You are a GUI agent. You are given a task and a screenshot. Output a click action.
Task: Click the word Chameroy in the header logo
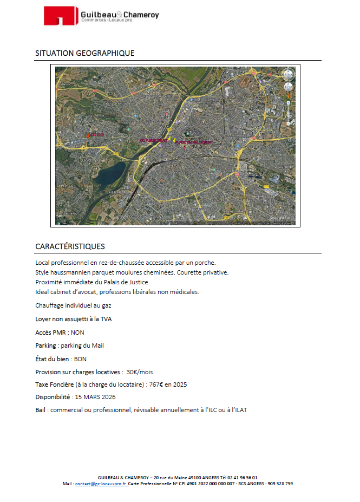tap(141, 15)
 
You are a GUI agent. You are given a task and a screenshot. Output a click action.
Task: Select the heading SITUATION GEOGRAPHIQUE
tap(84, 53)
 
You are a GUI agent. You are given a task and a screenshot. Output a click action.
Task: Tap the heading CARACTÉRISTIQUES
tap(70, 246)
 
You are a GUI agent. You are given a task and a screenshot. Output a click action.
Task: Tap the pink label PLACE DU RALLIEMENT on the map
tap(194, 142)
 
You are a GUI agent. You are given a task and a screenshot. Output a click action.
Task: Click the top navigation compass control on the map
tap(288, 75)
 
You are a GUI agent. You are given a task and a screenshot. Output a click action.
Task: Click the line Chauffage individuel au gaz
tap(73, 305)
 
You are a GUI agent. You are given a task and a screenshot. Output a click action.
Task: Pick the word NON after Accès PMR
tap(77, 333)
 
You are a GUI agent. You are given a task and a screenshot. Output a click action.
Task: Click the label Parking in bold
tap(45, 345)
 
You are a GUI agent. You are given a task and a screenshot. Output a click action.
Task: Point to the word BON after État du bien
tap(80, 358)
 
